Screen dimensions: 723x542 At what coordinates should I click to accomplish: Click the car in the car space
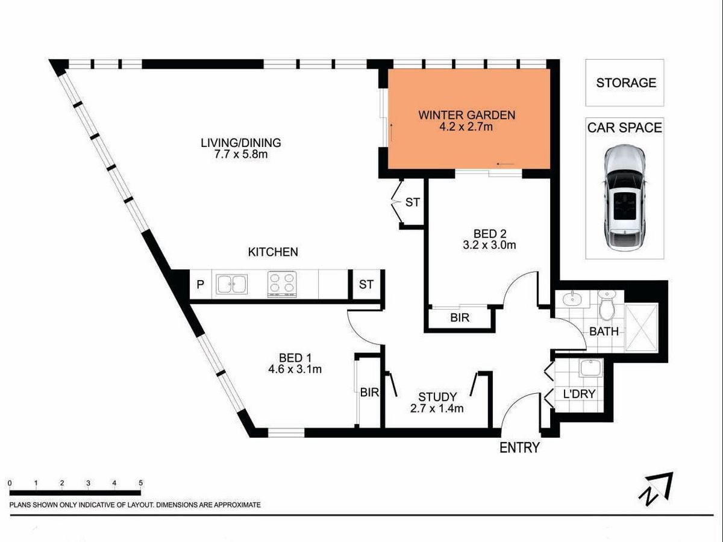tap(624, 198)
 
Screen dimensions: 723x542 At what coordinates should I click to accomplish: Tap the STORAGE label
tap(626, 83)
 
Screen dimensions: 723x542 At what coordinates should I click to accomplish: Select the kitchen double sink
tap(231, 284)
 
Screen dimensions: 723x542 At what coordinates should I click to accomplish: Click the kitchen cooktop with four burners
tap(281, 284)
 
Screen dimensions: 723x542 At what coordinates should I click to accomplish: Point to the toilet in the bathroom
tap(606, 305)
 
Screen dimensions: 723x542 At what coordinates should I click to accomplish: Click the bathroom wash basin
tap(572, 299)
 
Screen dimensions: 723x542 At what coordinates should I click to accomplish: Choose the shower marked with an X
tap(641, 328)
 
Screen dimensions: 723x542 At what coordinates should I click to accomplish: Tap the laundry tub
tap(591, 368)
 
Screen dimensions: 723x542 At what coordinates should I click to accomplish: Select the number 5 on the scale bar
tap(140, 483)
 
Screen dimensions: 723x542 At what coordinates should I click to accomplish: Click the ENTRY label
tap(519, 448)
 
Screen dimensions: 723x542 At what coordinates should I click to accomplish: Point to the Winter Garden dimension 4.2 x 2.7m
tap(466, 126)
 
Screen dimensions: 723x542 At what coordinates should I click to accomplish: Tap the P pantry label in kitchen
tap(200, 284)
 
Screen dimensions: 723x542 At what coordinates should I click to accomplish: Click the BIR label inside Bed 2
tap(460, 317)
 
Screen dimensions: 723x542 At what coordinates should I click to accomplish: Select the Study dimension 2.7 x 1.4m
tap(437, 409)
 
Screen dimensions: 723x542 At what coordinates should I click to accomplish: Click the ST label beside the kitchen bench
tap(366, 284)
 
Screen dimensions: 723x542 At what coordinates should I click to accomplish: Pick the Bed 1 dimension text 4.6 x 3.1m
tap(295, 369)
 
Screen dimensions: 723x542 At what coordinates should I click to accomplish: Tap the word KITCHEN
tap(273, 252)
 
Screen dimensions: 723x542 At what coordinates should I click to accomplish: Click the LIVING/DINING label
tap(241, 143)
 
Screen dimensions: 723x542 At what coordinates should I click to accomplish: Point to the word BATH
tap(604, 331)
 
